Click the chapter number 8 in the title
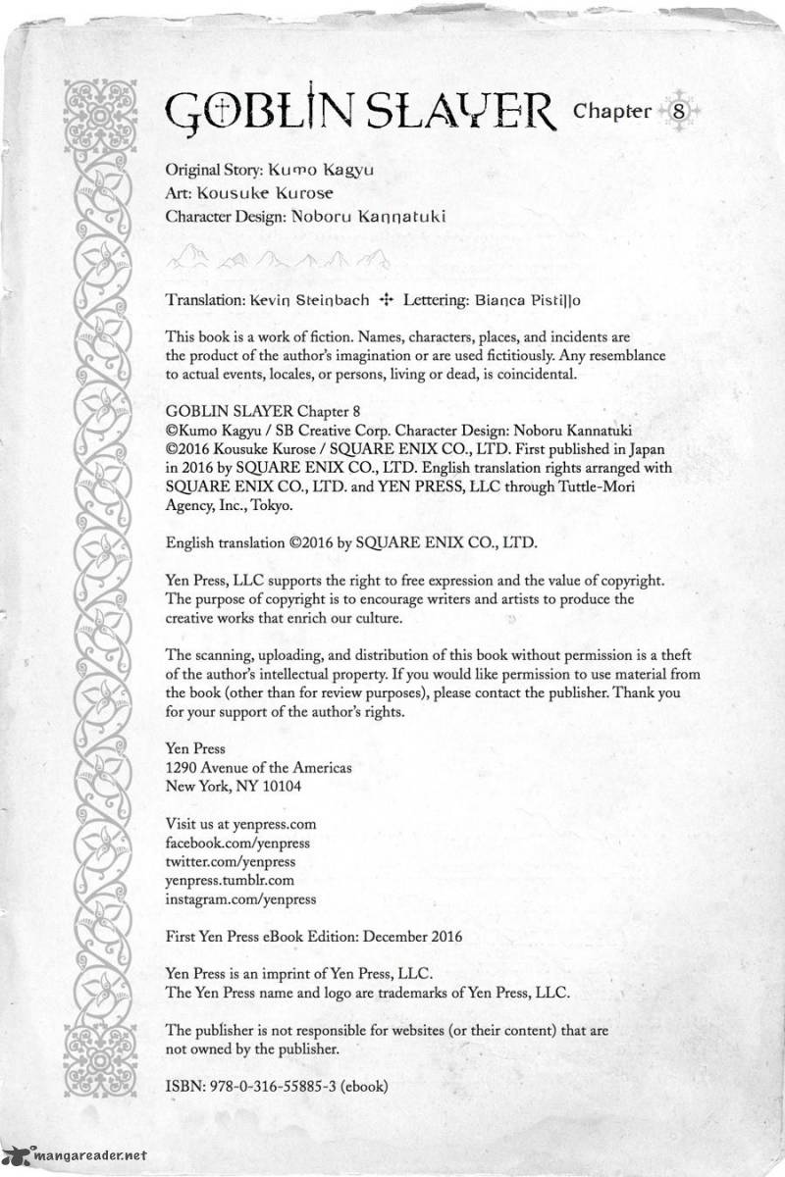(680, 110)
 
